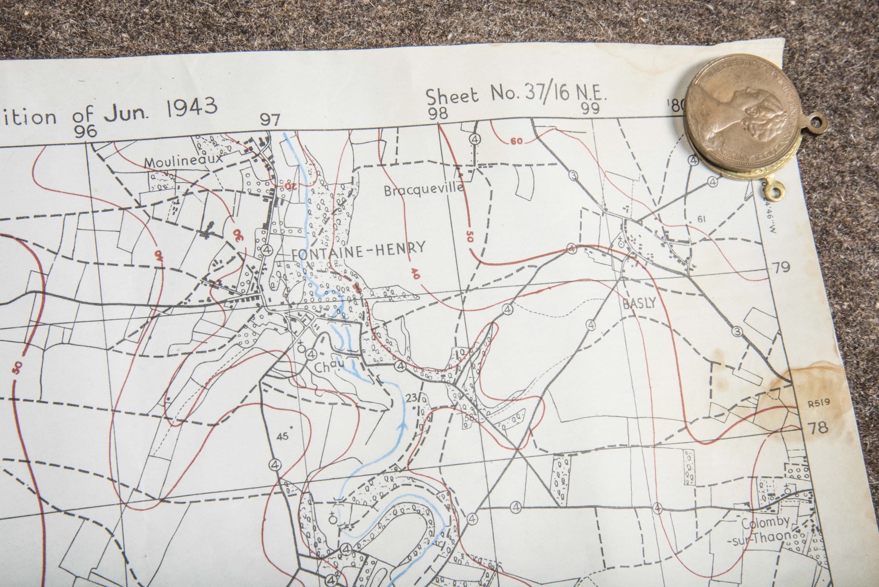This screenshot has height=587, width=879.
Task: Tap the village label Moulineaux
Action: click(183, 161)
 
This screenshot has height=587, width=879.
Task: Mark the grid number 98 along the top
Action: click(437, 113)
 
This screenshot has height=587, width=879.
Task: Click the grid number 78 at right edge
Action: click(818, 427)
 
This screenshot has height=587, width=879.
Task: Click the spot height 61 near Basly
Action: click(701, 219)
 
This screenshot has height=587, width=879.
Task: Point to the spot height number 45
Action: click(282, 436)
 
